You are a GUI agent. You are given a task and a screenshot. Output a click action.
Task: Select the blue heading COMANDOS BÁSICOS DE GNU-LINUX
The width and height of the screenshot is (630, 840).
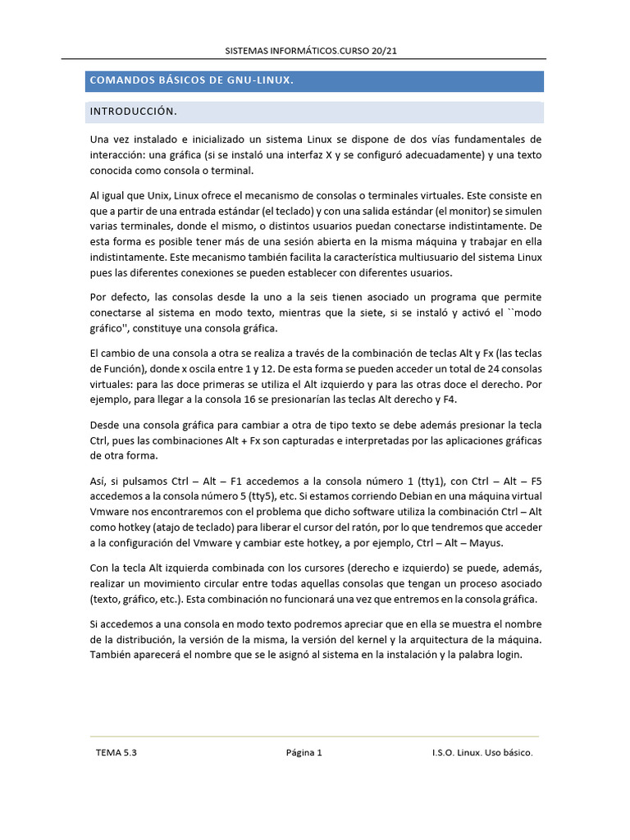click(191, 80)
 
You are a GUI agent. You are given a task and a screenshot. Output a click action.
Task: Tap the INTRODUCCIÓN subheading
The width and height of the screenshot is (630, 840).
click(133, 111)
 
